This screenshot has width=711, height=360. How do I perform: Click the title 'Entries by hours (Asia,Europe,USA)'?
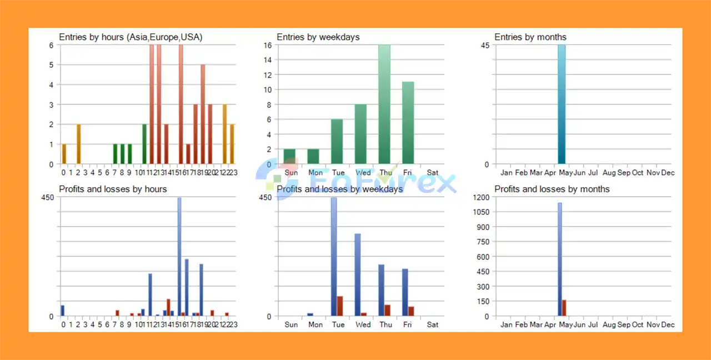[x=131, y=37]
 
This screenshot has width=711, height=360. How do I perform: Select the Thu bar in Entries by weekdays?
[x=384, y=104]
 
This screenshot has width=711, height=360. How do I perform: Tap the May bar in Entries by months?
[x=562, y=104]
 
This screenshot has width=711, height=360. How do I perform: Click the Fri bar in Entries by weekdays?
[x=408, y=123]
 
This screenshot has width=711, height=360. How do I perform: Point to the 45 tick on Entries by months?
[x=485, y=45]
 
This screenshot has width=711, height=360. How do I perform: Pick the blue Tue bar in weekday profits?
[x=334, y=257]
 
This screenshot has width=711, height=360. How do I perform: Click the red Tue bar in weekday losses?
[x=340, y=306]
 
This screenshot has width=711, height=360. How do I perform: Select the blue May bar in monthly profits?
[x=559, y=259]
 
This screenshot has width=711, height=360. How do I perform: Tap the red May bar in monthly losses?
[x=564, y=308]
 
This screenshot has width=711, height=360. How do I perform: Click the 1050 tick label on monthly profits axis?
[x=481, y=212]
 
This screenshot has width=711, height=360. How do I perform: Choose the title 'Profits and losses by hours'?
[x=113, y=189]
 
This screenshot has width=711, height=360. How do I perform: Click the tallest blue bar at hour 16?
[x=179, y=257]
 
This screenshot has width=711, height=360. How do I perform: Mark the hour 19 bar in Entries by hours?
[x=203, y=114]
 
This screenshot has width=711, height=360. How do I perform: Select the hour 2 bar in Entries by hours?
[x=78, y=144]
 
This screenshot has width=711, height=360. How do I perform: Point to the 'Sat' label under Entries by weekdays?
[x=433, y=173]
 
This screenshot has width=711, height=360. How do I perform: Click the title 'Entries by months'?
[x=530, y=37]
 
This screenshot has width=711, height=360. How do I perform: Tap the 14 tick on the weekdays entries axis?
[x=267, y=59]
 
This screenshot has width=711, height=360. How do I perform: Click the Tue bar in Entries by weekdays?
[x=337, y=142]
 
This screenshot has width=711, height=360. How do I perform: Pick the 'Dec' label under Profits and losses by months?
[x=668, y=324]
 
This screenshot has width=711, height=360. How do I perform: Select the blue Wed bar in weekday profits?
[x=358, y=275]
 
